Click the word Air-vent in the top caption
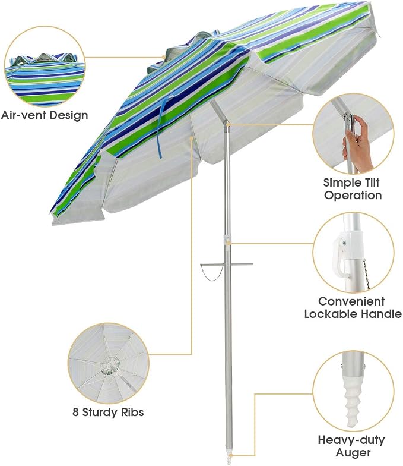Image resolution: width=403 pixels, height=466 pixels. pyautogui.click(x=24, y=115)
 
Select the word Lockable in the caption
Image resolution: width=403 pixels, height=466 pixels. pyautogui.click(x=331, y=314)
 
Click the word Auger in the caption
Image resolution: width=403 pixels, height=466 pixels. pyautogui.click(x=353, y=453)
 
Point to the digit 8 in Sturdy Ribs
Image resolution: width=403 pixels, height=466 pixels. pyautogui.click(x=76, y=413)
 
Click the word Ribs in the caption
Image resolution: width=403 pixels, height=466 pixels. pyautogui.click(x=132, y=412)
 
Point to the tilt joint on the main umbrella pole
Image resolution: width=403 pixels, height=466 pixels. pyautogui.click(x=227, y=124)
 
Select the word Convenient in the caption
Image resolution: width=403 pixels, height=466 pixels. pyautogui.click(x=351, y=301)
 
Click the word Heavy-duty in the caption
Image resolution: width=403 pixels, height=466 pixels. pyautogui.click(x=351, y=440)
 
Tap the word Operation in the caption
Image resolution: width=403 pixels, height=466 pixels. pyautogui.click(x=353, y=195)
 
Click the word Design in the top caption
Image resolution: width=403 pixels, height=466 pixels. pyautogui.click(x=69, y=115)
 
